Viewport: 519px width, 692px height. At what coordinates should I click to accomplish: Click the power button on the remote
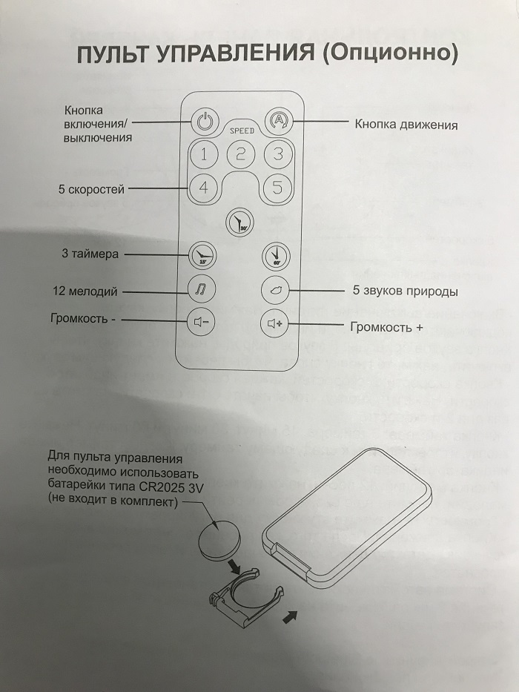coord(205,120)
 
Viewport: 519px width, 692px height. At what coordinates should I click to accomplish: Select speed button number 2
coord(241,155)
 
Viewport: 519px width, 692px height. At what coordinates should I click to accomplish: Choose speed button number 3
coord(278,155)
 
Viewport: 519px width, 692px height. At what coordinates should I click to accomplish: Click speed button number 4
coord(204,188)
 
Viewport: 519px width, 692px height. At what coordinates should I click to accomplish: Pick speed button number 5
coord(278,188)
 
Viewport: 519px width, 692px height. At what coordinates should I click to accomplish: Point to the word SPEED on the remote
coord(241,131)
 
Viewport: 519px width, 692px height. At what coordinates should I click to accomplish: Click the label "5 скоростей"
coord(92,190)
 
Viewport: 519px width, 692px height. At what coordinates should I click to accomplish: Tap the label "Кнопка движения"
coord(406,125)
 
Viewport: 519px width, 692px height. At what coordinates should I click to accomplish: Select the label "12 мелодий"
coord(85,291)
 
